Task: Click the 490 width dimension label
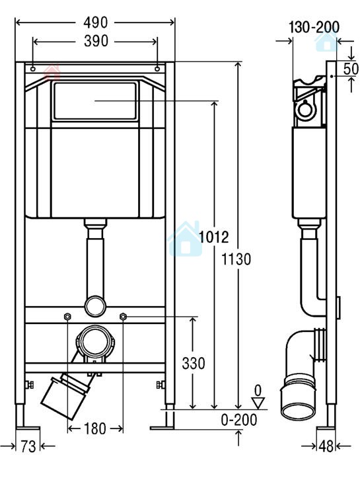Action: [x=95, y=22]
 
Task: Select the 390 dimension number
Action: [x=96, y=42]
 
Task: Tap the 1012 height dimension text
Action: [x=214, y=237]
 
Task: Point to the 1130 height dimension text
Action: [x=236, y=259]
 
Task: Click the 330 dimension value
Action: [x=194, y=364]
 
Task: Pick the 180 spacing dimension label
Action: [x=95, y=428]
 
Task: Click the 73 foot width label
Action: [x=28, y=446]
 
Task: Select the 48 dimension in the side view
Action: [x=326, y=446]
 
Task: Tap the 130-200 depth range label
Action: [x=314, y=27]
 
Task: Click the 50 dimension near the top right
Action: [x=351, y=69]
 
